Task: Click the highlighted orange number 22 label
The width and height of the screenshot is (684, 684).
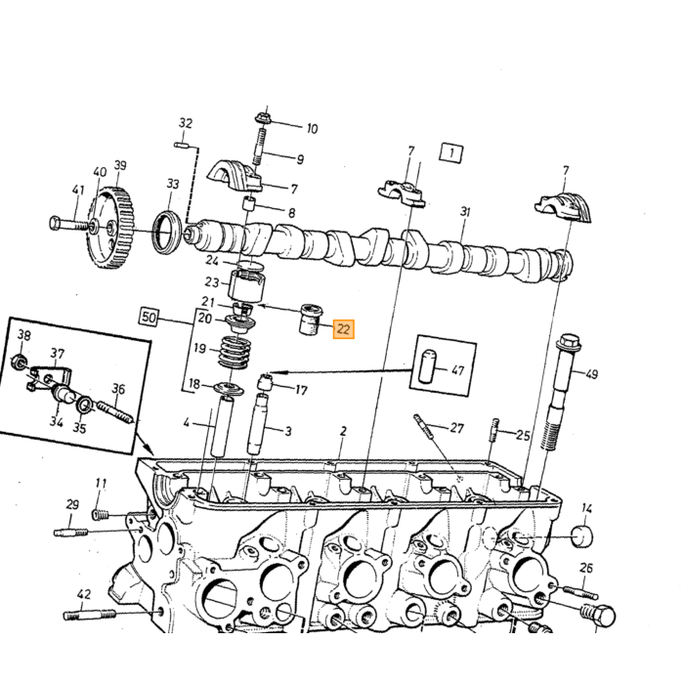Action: [x=344, y=329]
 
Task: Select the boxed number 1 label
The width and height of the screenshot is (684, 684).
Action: [x=451, y=152]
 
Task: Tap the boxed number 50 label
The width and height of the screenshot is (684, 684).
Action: [x=150, y=318]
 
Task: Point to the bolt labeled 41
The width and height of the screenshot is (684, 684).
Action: [x=69, y=224]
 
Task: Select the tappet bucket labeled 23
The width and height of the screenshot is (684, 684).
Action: [x=247, y=285]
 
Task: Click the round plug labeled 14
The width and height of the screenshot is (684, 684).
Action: [x=582, y=536]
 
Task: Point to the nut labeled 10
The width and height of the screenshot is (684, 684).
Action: [x=263, y=118]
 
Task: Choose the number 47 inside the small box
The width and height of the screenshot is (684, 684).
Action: [x=457, y=370]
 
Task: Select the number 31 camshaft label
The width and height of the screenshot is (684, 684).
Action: [x=465, y=212]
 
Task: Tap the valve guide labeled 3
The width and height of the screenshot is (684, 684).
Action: [x=257, y=423]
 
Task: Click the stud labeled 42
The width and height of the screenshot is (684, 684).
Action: [x=90, y=615]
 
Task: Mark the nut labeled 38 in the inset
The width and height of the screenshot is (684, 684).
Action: [x=19, y=362]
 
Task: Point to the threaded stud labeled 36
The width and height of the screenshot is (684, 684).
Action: [x=114, y=412]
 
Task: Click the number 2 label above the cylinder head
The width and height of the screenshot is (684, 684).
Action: [x=343, y=431]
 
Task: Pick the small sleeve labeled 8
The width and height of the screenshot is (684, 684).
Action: [x=249, y=204]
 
